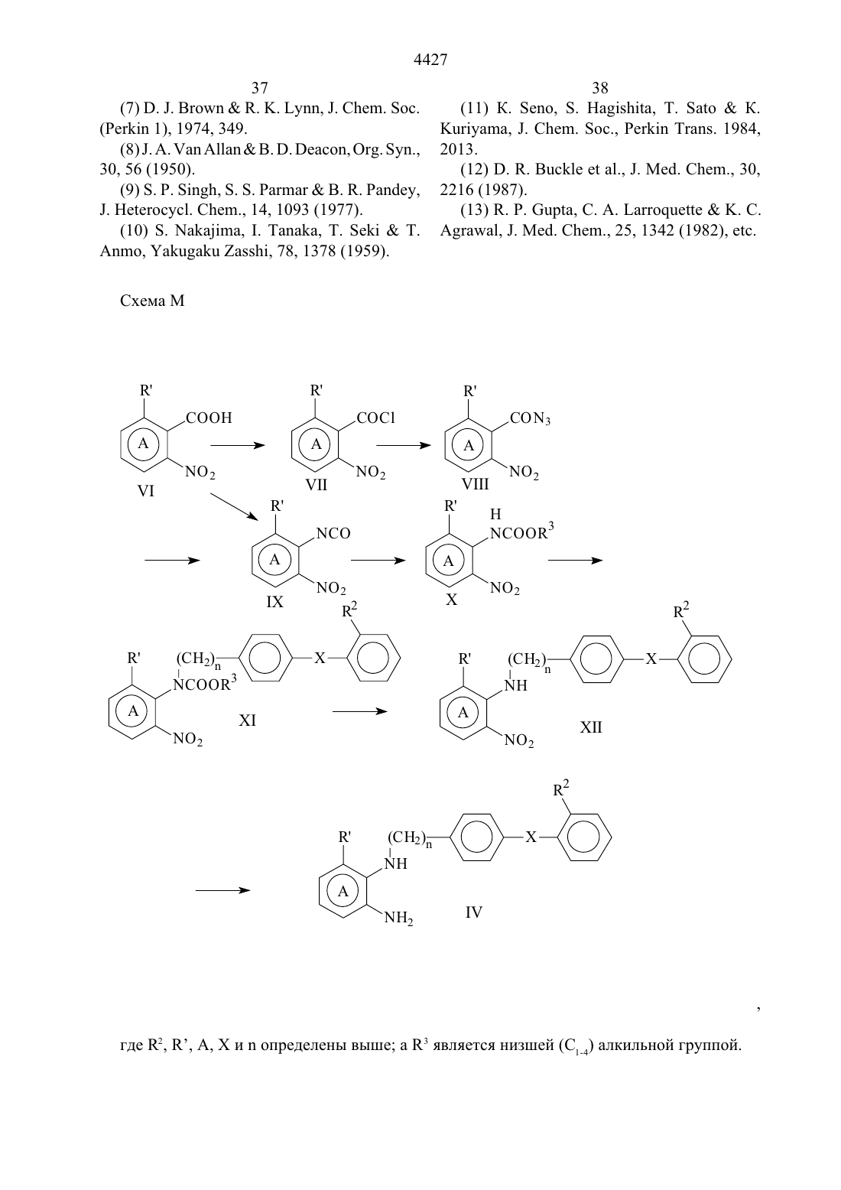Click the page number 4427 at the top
430,60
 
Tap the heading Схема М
152,301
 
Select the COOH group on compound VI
209,418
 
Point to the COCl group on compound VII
375,418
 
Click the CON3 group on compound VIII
530,418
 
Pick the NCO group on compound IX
333,533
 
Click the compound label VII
316,485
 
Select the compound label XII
591,727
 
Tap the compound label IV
473,912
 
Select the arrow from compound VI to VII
237,445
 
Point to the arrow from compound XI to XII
360,711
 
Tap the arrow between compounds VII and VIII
404,445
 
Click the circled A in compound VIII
468,445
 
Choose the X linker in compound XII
651,659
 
